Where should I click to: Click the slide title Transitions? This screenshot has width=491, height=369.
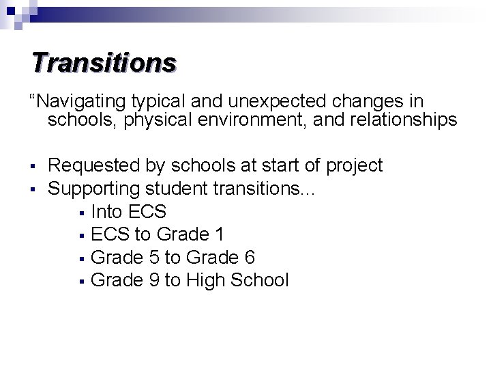(104, 62)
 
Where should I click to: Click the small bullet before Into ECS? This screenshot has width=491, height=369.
(81, 212)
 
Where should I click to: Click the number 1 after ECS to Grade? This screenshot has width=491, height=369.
(218, 234)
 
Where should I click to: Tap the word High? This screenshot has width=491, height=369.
(206, 279)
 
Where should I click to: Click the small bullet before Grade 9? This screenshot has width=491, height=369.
(81, 281)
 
